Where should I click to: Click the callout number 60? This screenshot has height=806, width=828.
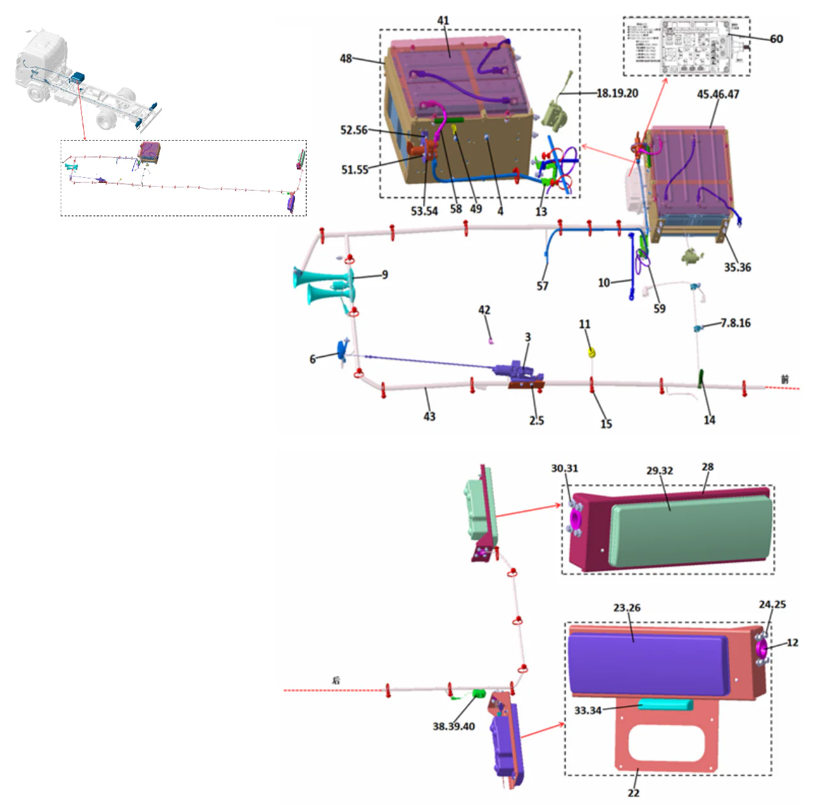[x=776, y=39]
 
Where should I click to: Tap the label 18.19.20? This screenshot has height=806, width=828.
[x=617, y=93]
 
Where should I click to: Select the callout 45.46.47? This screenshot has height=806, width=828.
[x=718, y=95]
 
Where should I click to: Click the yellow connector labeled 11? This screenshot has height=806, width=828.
[x=592, y=352]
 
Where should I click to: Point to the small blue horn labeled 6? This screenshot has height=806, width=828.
[x=343, y=351]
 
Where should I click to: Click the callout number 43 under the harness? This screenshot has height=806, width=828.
[x=429, y=416]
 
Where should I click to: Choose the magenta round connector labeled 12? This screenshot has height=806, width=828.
[x=761, y=649]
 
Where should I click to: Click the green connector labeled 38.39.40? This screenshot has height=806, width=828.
[x=479, y=694]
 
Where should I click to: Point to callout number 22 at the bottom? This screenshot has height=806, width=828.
[x=633, y=793]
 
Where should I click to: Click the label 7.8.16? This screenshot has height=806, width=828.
[x=735, y=323]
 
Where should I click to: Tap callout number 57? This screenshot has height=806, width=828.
[x=543, y=286]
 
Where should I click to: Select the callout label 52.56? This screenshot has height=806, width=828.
[x=354, y=130]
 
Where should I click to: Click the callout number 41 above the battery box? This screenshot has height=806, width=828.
[x=443, y=20]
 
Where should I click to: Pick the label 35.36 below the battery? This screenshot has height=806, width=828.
[x=737, y=267]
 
